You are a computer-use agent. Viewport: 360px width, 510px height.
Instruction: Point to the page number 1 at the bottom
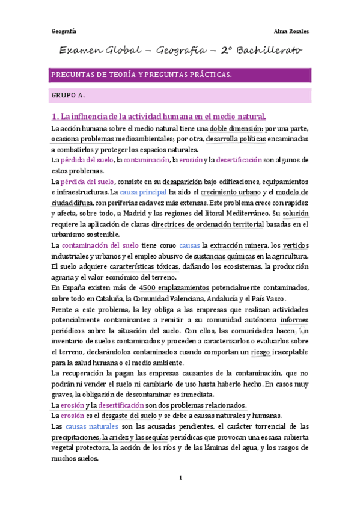[180, 478]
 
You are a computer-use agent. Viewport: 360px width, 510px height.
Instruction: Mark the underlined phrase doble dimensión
[236, 128]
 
